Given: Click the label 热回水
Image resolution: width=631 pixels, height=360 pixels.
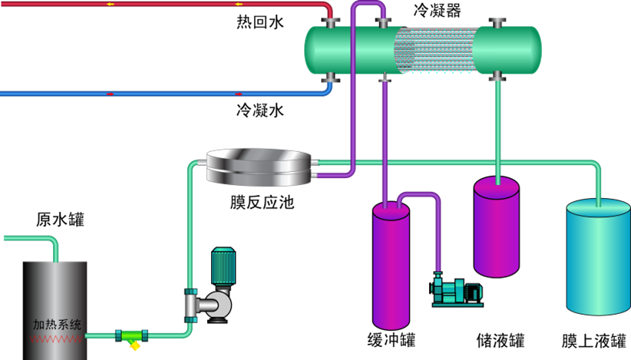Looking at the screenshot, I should pyautogui.click(x=259, y=23).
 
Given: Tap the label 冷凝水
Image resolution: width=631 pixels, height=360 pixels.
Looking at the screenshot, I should pyautogui.click(x=259, y=111).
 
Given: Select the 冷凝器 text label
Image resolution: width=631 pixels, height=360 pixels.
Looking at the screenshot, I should pyautogui.click(x=437, y=10).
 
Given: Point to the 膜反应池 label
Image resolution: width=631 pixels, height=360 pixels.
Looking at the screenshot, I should pyautogui.click(x=262, y=203).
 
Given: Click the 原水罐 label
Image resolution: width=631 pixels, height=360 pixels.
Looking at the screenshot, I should pyautogui.click(x=60, y=220).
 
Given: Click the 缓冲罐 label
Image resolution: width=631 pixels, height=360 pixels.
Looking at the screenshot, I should pyautogui.click(x=391, y=339).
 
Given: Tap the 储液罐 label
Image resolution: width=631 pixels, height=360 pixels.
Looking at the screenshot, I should pyautogui.click(x=501, y=339).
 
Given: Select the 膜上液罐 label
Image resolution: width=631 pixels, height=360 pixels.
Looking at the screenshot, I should pyautogui.click(x=593, y=339).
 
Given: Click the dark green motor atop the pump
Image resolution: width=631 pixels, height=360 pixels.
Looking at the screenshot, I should pyautogui.click(x=223, y=266).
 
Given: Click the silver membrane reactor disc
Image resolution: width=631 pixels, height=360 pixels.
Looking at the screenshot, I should pyautogui.click(x=259, y=167).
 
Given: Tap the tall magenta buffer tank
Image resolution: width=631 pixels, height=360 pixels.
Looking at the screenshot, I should pyautogui.click(x=391, y=265).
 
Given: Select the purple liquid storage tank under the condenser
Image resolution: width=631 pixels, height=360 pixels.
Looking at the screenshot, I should pyautogui.click(x=497, y=226).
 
